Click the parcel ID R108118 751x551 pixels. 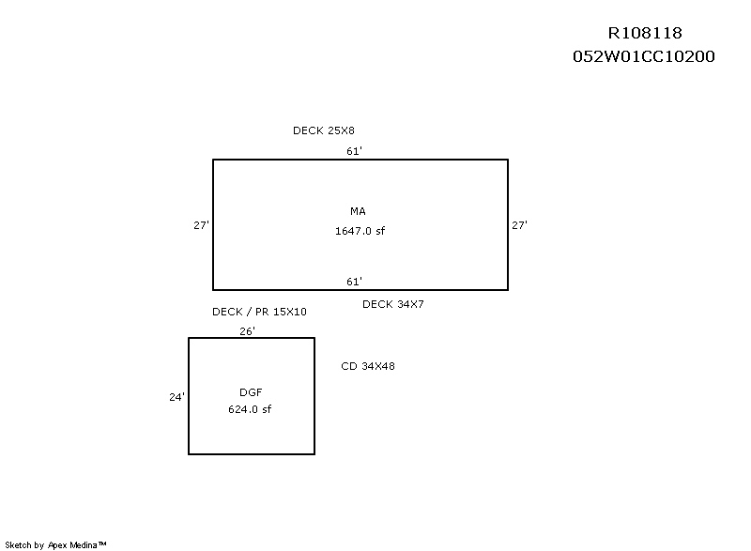(644, 34)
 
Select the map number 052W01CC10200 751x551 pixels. (644, 56)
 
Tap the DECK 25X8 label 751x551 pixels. (324, 130)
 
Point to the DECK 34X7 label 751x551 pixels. (393, 304)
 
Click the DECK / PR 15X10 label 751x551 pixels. (259, 312)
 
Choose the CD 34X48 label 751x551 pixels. (368, 366)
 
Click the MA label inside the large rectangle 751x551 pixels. (358, 210)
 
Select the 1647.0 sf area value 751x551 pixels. (360, 231)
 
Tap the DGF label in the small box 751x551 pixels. (251, 391)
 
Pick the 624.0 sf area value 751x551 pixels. (250, 409)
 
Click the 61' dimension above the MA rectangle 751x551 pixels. (354, 150)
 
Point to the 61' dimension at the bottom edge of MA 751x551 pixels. (354, 282)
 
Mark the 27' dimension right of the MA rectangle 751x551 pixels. (519, 225)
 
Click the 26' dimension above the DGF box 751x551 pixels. (247, 330)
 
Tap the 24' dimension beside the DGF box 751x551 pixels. (176, 397)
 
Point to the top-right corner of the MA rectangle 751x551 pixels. (508, 160)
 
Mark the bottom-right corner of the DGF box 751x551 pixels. (314, 454)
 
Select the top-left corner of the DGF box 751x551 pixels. (189, 338)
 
